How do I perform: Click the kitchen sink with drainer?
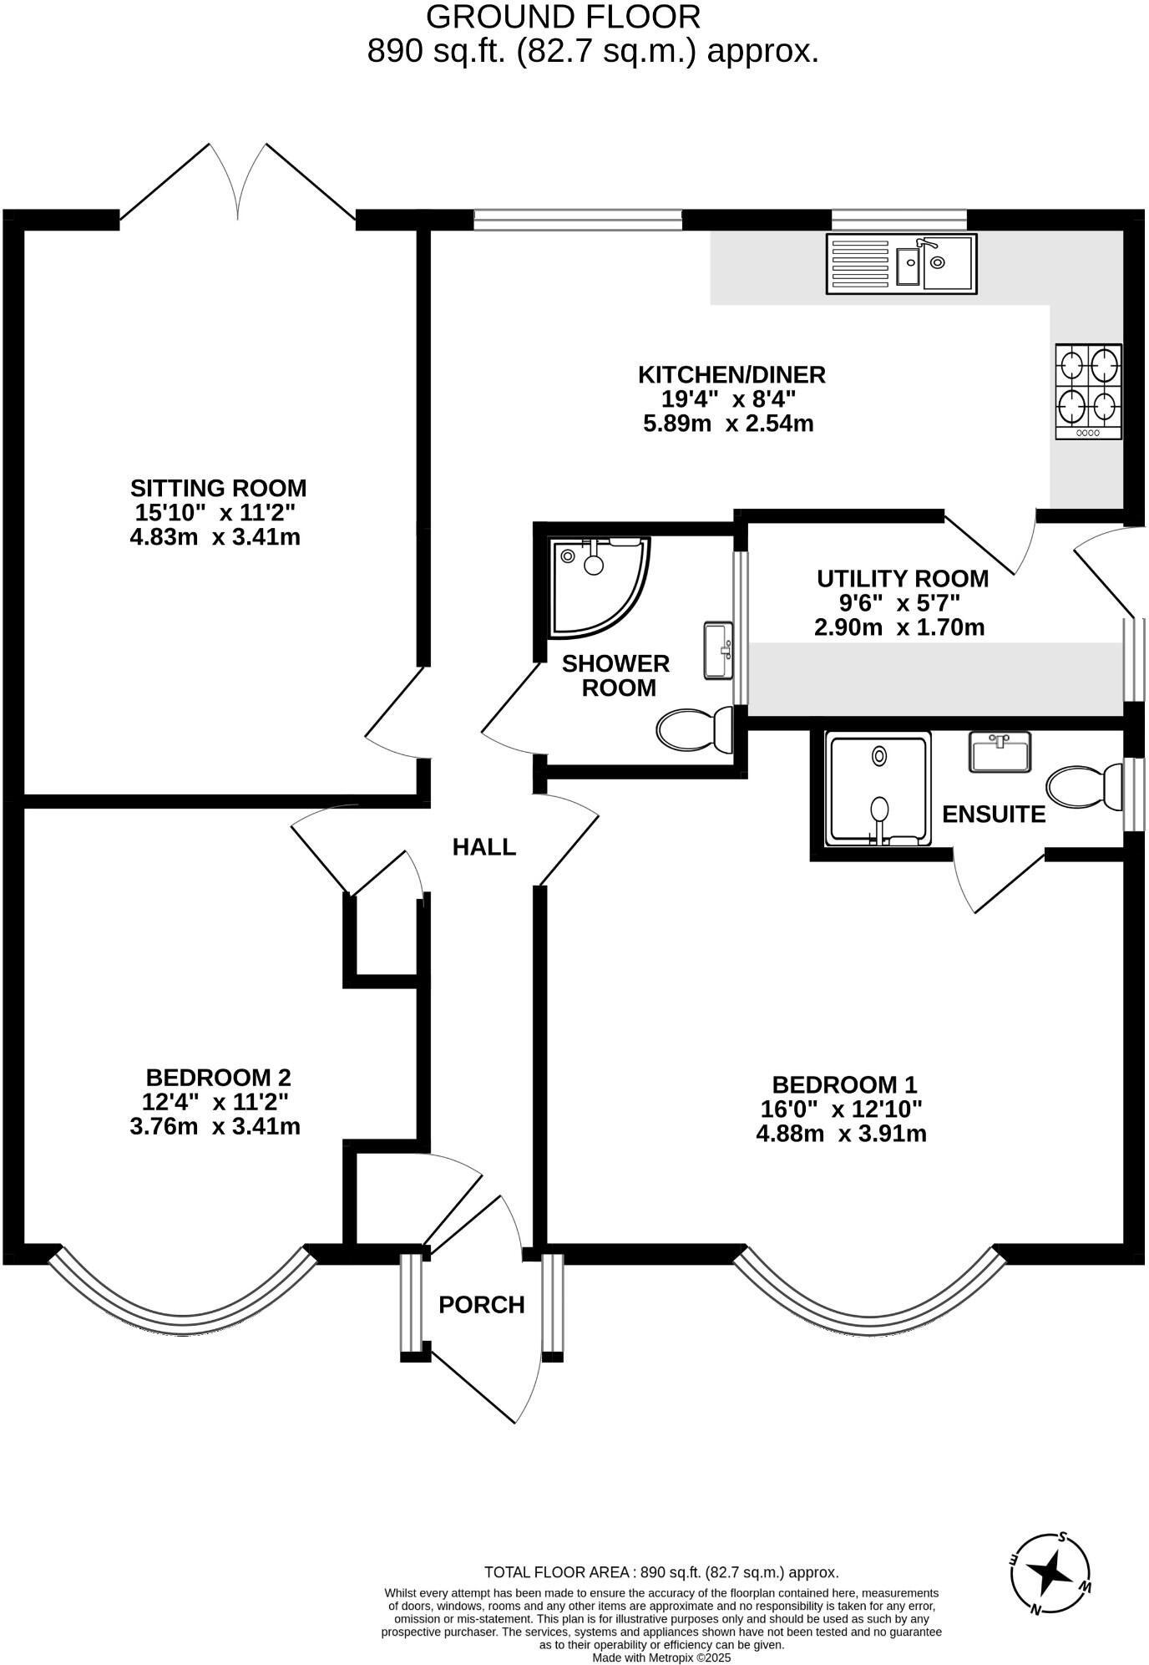(x=901, y=264)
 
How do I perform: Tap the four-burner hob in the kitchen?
(x=1088, y=391)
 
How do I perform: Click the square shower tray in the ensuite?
(x=877, y=789)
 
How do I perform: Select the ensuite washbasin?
(x=1000, y=751)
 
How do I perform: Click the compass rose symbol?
(x=1050, y=1574)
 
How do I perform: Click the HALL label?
(x=484, y=847)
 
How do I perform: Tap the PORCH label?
(x=482, y=1304)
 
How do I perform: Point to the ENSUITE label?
(x=994, y=814)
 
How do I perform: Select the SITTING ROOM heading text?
(x=219, y=488)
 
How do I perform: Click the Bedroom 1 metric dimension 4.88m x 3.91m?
(x=842, y=1134)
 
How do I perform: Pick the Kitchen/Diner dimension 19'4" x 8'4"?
(x=729, y=398)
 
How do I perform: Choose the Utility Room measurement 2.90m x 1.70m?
(x=899, y=627)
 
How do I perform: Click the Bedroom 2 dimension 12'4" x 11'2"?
(x=217, y=1102)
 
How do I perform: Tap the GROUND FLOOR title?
(x=563, y=17)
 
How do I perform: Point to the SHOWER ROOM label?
(x=615, y=675)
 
